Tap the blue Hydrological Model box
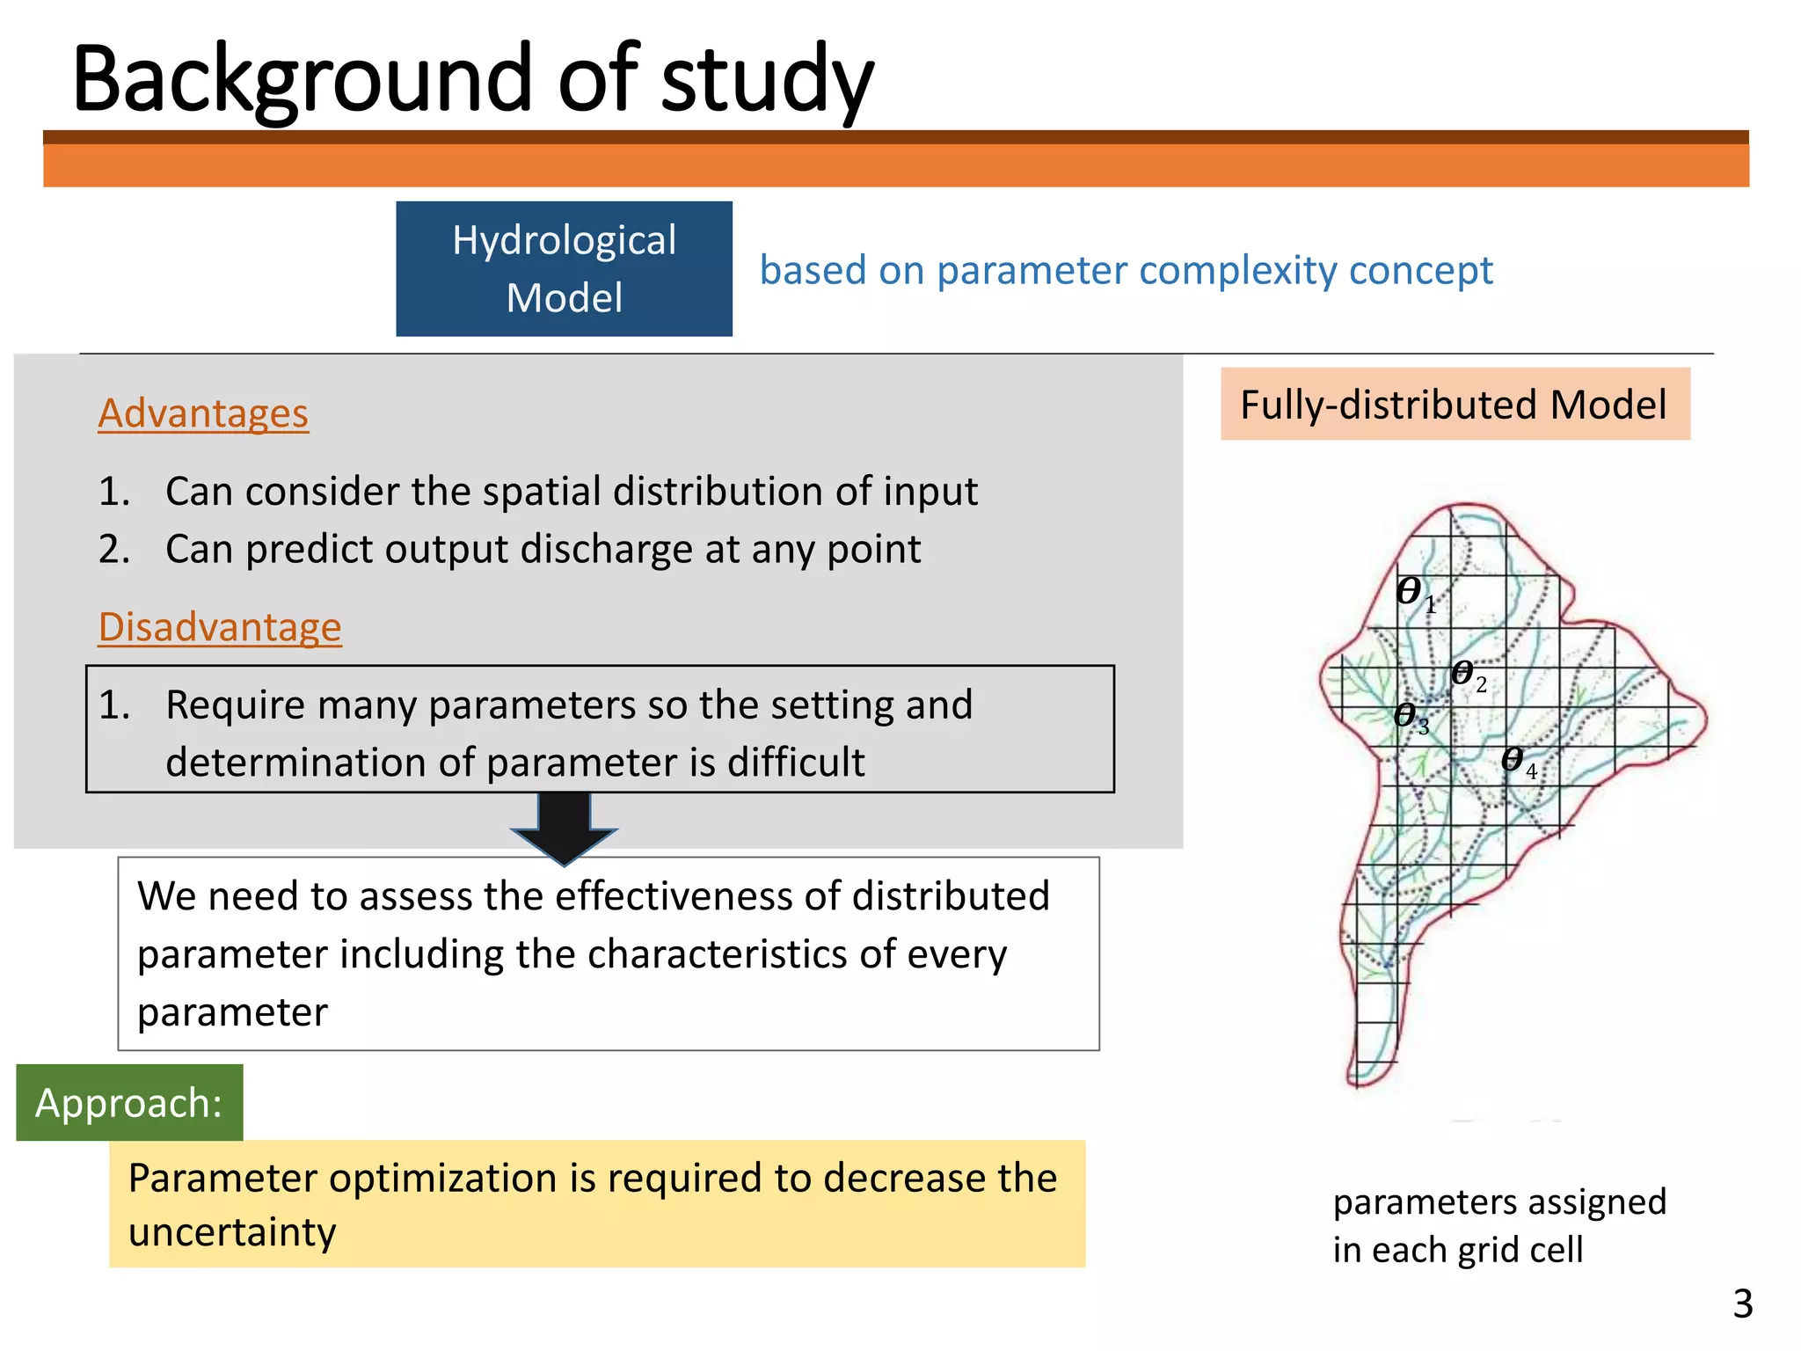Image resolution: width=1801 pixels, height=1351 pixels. (x=564, y=269)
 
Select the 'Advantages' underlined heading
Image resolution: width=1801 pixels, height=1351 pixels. (x=203, y=413)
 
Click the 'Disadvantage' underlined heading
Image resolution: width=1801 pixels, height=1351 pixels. (x=220, y=627)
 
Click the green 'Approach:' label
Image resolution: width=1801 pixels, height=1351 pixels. (x=129, y=1103)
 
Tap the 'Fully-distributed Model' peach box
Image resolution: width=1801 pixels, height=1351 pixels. (x=1455, y=405)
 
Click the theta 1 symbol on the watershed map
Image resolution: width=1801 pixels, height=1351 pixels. (x=1411, y=591)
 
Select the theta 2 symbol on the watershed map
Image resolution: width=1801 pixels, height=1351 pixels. (x=1464, y=674)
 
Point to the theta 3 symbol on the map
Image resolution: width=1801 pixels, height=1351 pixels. (x=1408, y=715)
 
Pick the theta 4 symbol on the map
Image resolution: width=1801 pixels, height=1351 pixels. (x=1514, y=759)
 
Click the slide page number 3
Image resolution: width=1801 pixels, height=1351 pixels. (x=1742, y=1304)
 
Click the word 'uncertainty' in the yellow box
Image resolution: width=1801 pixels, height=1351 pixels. (x=232, y=1232)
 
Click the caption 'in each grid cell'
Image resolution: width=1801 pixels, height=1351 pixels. (x=1457, y=1250)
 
